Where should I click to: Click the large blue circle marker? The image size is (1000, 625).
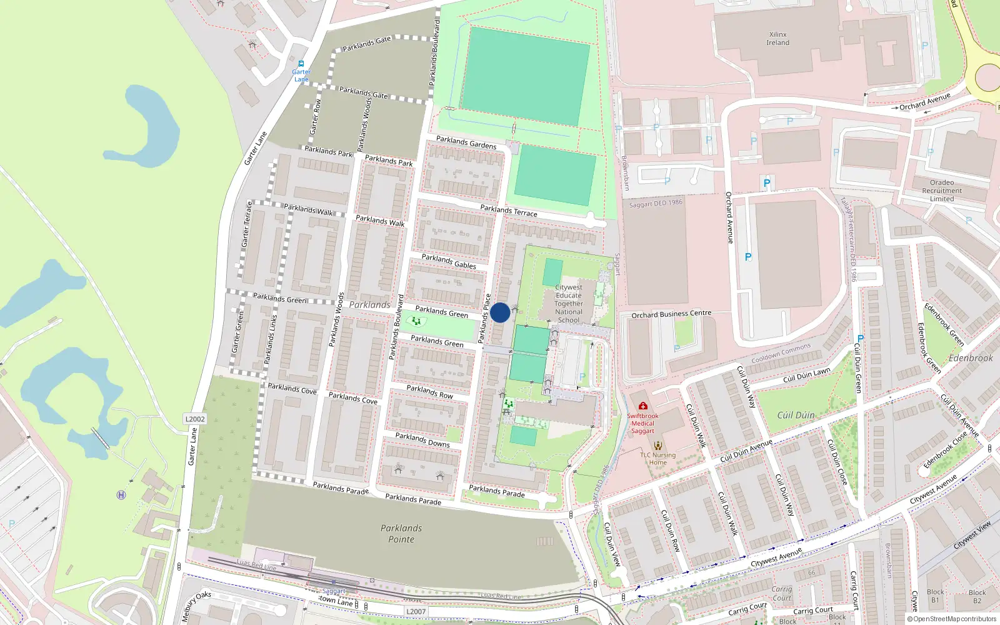tap(500, 312)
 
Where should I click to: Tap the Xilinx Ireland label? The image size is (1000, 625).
tap(777, 39)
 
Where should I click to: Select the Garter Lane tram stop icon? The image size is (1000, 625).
tap(301, 64)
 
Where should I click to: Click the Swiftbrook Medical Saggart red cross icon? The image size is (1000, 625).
tap(642, 406)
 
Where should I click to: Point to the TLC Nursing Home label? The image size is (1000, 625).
tap(657, 459)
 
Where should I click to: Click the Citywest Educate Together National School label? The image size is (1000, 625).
tap(569, 304)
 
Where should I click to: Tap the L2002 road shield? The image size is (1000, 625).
tap(195, 419)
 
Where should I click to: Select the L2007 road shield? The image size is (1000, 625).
tap(416, 612)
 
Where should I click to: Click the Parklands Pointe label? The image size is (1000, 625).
tap(401, 534)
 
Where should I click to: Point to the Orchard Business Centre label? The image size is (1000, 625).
tap(671, 314)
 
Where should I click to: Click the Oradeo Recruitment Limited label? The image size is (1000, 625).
tap(942, 191)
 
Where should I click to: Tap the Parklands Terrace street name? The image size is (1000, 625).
tap(509, 211)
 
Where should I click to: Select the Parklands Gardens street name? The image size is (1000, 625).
tap(466, 142)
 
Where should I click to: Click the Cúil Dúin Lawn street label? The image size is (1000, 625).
tap(806, 376)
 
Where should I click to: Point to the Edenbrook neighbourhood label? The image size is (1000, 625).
tap(971, 358)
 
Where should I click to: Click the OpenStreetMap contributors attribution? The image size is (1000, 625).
tap(952, 619)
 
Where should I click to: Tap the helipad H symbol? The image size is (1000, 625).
tap(121, 495)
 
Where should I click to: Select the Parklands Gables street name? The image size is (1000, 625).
tap(449, 261)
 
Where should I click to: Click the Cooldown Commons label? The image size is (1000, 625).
tap(781, 353)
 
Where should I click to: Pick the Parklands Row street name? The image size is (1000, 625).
tap(429, 392)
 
